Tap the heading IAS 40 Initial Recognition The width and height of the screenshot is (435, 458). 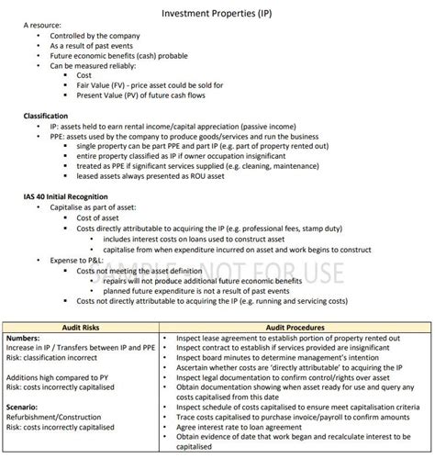71,196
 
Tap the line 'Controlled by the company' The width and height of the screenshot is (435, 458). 93,43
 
